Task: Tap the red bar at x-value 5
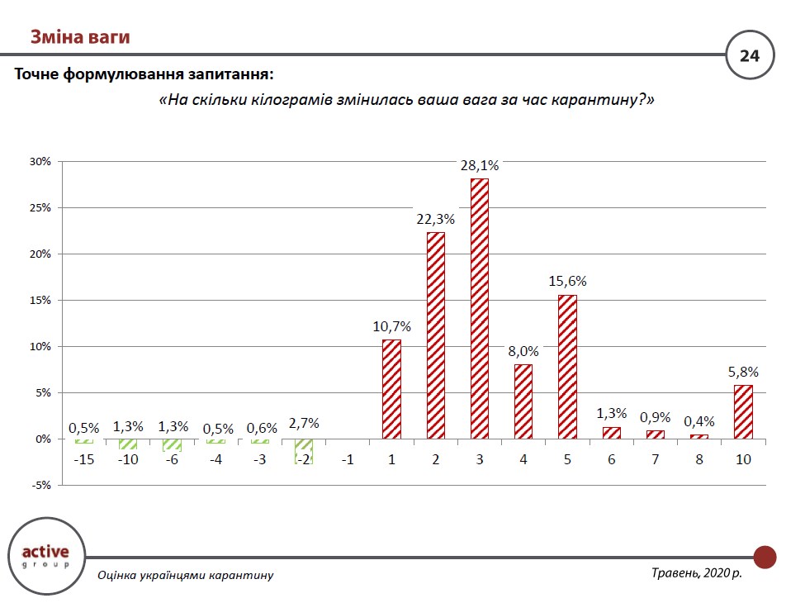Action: pos(567,367)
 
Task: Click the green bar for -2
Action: pos(303,451)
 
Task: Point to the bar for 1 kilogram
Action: pos(391,389)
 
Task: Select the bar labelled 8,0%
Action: pos(523,401)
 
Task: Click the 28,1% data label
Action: pos(479,165)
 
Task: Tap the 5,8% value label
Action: pos(743,372)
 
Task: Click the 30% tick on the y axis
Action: pos(40,162)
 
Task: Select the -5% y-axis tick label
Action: pos(40,486)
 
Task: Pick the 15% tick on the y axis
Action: pos(40,301)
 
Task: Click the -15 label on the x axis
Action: pos(83,459)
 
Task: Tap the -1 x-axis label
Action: pos(347,459)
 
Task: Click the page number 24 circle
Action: pos(749,56)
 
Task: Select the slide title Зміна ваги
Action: pos(80,37)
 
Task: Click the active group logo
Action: pos(45,556)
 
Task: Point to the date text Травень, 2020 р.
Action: pos(696,572)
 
